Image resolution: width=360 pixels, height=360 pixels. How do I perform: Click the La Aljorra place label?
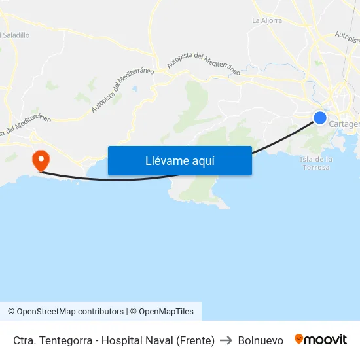(x=267, y=20)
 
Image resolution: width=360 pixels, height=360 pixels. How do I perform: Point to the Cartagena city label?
(x=344, y=124)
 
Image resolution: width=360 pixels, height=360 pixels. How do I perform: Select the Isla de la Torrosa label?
(x=316, y=163)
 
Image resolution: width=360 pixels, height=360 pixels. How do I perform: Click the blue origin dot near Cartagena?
(x=320, y=118)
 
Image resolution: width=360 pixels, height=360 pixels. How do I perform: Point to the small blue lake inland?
(x=134, y=88)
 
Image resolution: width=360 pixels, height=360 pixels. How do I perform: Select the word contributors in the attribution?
(x=102, y=312)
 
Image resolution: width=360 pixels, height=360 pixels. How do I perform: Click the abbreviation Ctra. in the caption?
(x=24, y=340)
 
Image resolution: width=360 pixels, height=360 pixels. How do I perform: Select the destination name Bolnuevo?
(x=261, y=340)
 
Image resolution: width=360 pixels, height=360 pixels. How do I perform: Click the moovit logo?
(x=321, y=340)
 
